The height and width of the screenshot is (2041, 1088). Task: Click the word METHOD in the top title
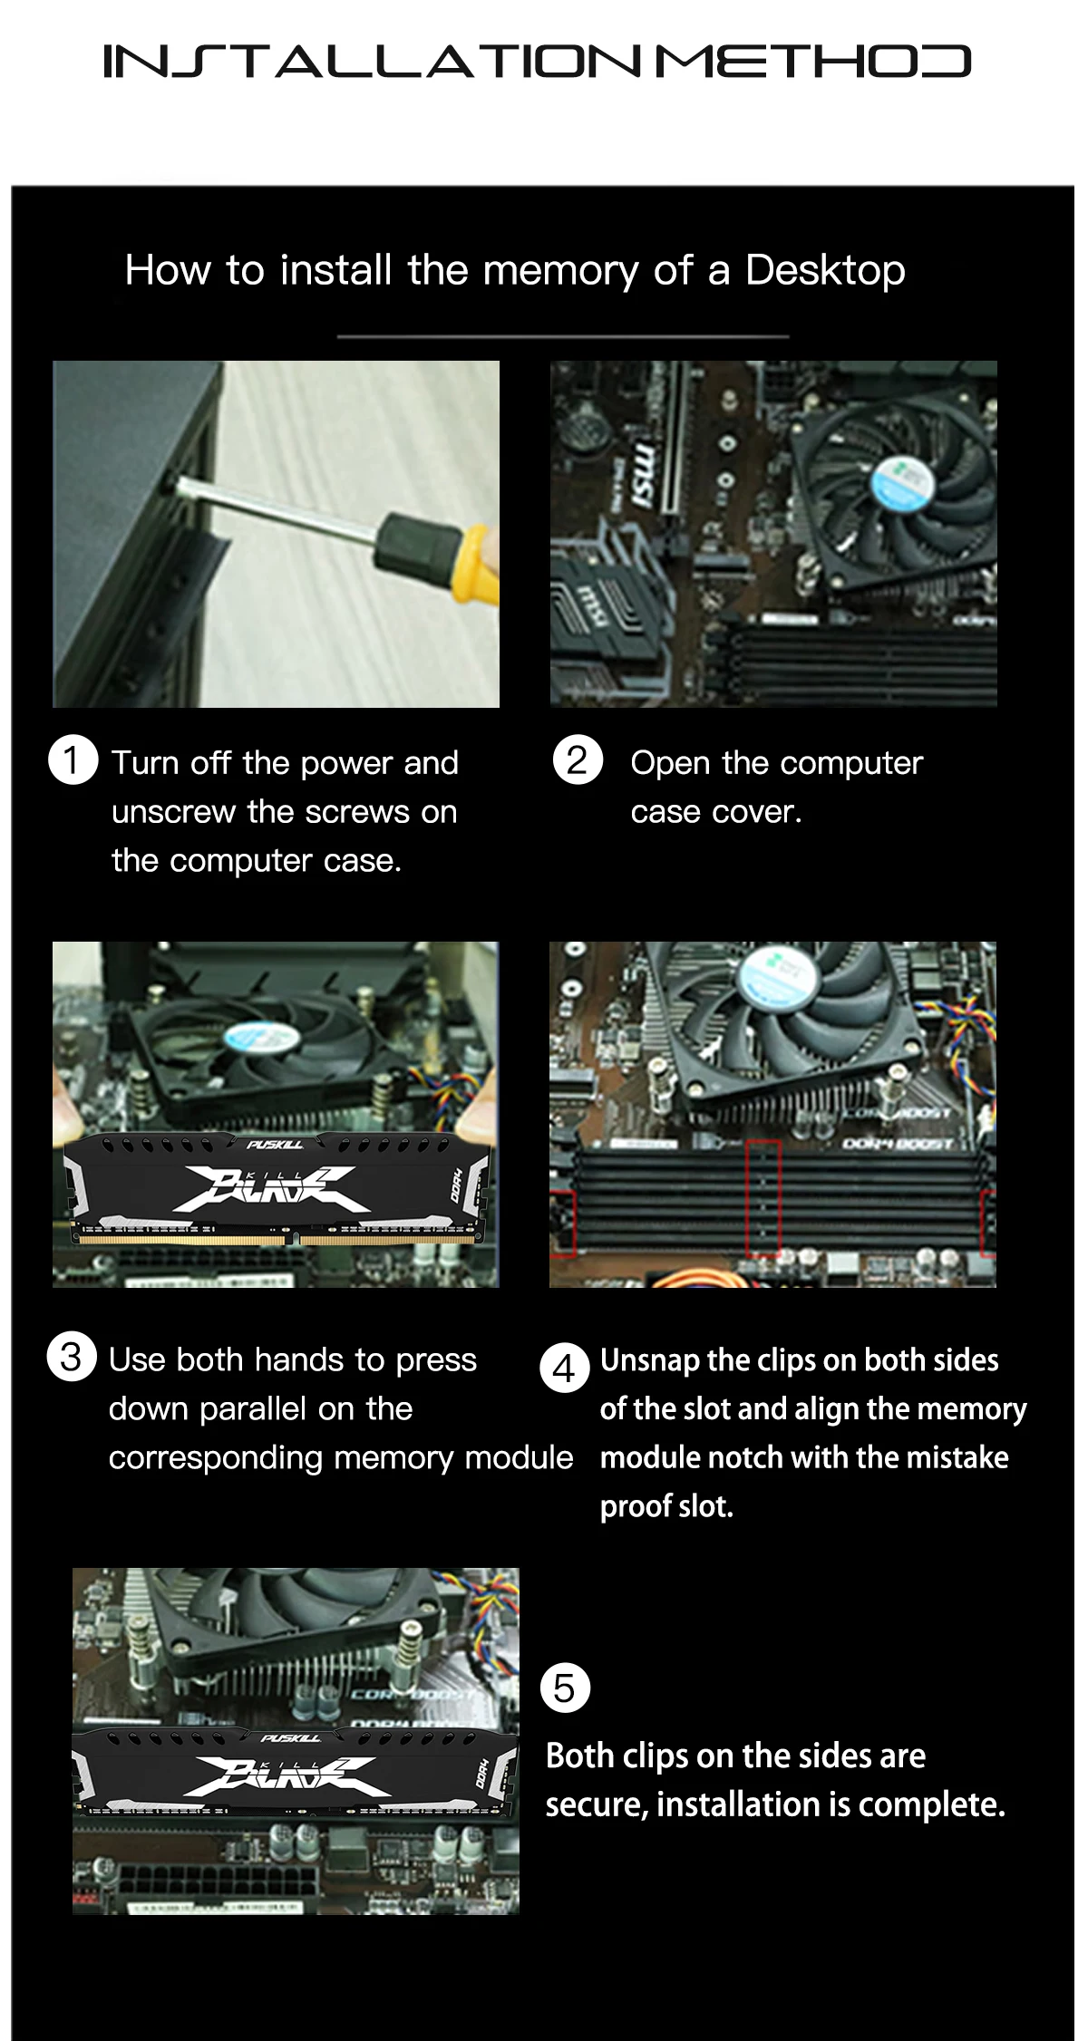click(x=812, y=62)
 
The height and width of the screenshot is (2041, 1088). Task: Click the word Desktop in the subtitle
click(x=824, y=270)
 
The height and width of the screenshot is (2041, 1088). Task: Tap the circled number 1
click(x=73, y=759)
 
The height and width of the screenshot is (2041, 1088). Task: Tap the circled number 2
click(x=578, y=759)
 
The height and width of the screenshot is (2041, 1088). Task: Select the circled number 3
click(x=72, y=1357)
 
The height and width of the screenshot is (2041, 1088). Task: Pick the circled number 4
click(x=564, y=1368)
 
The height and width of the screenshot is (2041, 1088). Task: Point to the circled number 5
click(x=565, y=1688)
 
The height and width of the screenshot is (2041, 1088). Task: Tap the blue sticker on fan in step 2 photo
click(x=902, y=482)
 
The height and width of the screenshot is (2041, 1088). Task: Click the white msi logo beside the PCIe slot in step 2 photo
click(x=642, y=475)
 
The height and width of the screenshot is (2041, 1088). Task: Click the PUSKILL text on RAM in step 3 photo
click(x=275, y=1145)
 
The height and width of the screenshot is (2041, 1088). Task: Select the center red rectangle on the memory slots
click(x=763, y=1196)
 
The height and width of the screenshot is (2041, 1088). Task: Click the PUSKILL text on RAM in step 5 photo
click(x=290, y=1737)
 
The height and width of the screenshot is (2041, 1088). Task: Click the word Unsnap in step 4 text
click(x=650, y=1359)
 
